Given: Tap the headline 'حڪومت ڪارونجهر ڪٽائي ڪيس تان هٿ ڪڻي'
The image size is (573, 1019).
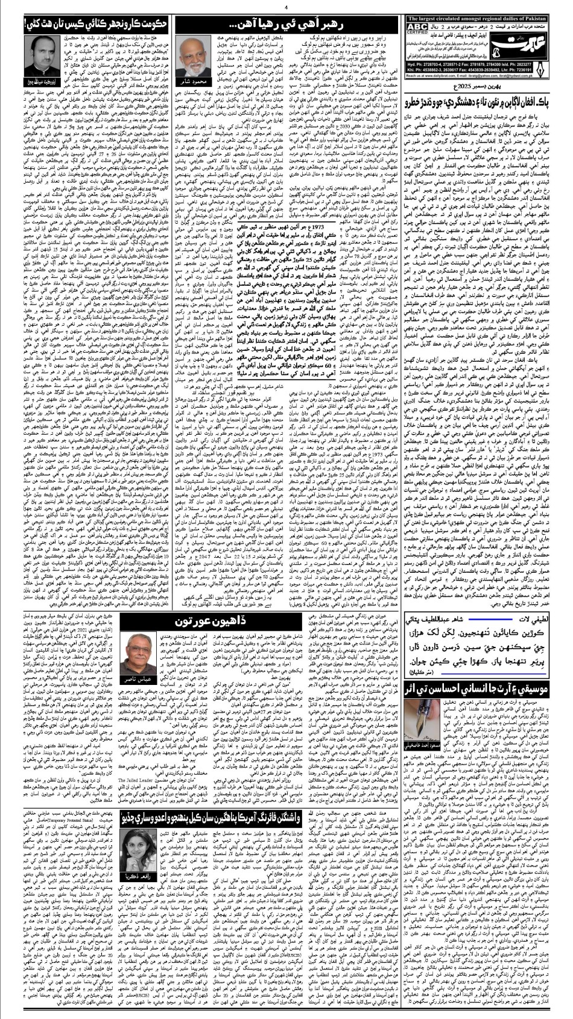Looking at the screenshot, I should pos(86,25).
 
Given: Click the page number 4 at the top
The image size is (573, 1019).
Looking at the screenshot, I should pos(285,7).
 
